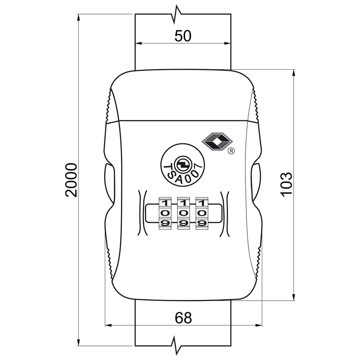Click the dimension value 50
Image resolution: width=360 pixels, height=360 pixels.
[183, 36]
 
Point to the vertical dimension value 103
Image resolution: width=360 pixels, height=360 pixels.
[286, 184]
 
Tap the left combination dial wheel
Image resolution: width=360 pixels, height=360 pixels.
[165, 213]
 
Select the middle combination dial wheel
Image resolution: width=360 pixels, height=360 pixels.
[183, 213]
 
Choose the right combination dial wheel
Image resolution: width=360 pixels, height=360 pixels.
[202, 213]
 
